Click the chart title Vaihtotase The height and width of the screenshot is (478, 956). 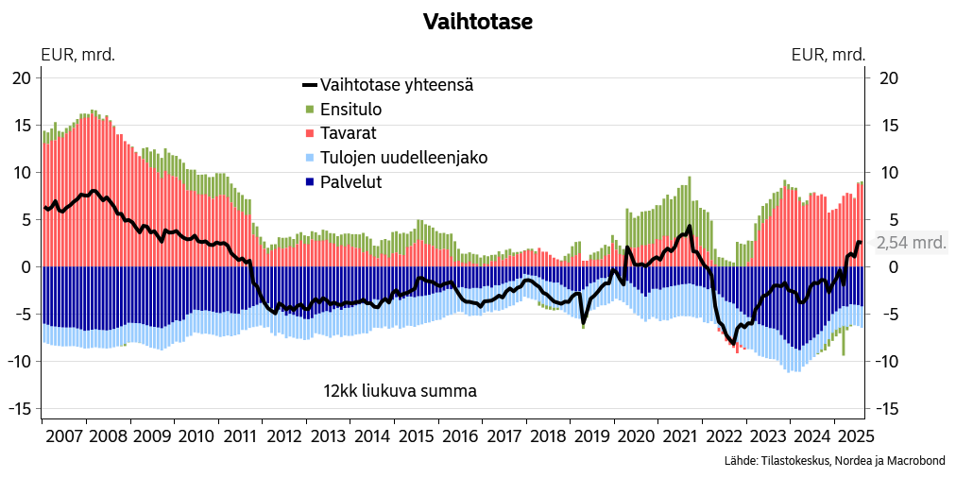click(x=477, y=22)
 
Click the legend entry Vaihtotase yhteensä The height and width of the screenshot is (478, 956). click(x=396, y=85)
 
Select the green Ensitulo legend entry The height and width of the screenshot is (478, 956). click(x=350, y=110)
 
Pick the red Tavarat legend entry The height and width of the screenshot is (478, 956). click(x=349, y=134)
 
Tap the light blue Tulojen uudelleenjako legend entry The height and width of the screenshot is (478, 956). click(x=403, y=158)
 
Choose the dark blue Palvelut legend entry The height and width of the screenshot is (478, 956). click(x=350, y=182)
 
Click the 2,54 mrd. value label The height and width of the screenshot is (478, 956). click(x=911, y=243)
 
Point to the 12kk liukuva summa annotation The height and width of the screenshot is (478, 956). click(x=400, y=391)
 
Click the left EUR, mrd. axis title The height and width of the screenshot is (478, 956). click(x=77, y=54)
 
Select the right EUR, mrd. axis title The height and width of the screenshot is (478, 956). click(x=828, y=54)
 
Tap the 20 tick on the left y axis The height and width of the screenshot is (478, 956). click(x=21, y=78)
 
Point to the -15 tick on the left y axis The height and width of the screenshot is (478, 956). click(x=18, y=409)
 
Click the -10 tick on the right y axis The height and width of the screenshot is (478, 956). click(x=888, y=362)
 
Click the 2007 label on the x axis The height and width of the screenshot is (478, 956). click(x=63, y=436)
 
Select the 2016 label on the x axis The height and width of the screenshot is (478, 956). click(x=460, y=436)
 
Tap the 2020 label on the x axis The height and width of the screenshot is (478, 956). click(x=636, y=436)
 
